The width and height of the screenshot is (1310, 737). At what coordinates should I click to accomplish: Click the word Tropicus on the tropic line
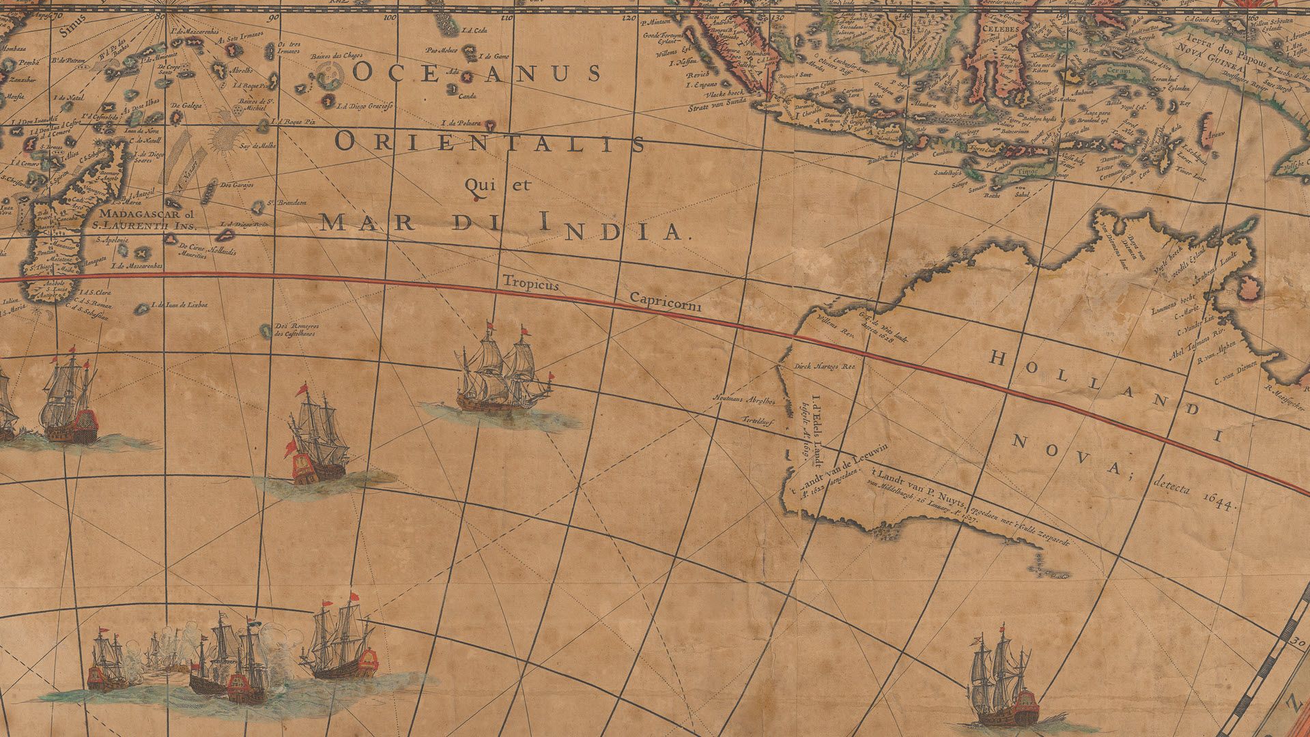tap(530, 282)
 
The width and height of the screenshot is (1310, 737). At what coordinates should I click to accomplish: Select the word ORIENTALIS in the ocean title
tap(491, 143)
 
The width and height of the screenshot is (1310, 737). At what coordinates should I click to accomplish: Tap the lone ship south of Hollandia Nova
tap(1002, 682)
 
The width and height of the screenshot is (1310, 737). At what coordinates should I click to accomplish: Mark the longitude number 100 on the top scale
tap(390, 18)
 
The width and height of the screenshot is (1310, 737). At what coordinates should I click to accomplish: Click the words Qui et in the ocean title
tap(496, 185)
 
